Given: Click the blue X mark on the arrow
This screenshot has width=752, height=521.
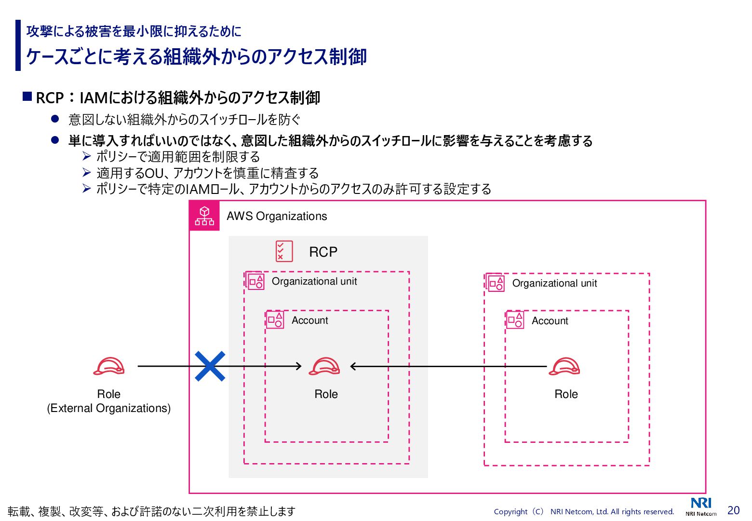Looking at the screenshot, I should (210, 366).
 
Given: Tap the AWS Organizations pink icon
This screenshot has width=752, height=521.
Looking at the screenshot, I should (204, 216).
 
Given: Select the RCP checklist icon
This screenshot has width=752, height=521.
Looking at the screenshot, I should (284, 251).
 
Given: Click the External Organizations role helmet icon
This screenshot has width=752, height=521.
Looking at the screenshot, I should (109, 367).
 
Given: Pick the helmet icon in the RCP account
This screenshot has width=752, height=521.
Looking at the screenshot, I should (324, 367).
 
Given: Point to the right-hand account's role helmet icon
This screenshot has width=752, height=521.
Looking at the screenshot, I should (564, 367).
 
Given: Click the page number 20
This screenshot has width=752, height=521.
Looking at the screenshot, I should (733, 510).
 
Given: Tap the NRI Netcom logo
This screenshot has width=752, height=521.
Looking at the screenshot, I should (701, 507).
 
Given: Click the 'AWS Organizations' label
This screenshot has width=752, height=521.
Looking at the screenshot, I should (277, 216).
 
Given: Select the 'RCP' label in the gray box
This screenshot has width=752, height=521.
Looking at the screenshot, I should (323, 252).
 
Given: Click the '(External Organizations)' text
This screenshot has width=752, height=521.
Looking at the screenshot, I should (109, 408).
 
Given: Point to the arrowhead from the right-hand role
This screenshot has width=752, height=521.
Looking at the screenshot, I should (353, 367).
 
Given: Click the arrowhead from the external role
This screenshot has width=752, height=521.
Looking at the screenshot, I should (298, 366).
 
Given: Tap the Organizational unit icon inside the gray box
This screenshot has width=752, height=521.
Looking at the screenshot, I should (255, 281).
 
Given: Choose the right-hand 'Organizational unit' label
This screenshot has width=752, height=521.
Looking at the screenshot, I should (554, 283).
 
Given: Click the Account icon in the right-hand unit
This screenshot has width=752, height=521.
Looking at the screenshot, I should (515, 320).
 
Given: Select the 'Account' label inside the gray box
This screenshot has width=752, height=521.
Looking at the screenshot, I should (309, 320).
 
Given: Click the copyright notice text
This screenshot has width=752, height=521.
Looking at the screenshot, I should (584, 512).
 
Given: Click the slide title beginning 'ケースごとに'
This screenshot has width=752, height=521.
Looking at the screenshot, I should (196, 56).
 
